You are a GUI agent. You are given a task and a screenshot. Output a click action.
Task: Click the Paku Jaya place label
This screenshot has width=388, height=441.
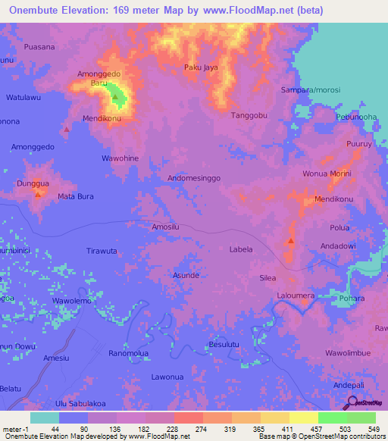201,67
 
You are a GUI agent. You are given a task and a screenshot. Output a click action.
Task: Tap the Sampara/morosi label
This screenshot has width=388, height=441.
310,89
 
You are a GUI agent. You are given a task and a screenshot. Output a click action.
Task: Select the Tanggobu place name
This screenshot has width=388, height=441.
249,115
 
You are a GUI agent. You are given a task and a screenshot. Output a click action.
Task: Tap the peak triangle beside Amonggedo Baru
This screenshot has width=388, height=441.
115,97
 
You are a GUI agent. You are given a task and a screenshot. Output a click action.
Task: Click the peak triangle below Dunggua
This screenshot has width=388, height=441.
37,194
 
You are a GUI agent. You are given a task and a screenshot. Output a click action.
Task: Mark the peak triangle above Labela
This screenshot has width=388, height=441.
291,242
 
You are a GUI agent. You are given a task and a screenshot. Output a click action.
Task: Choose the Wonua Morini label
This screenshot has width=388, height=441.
327,174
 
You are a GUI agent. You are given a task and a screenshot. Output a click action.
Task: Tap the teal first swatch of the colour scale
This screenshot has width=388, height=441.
44,418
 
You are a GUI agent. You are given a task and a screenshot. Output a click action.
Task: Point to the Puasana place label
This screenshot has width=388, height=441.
39,47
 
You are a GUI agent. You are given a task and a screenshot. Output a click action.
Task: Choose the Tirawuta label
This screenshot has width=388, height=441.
102,251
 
